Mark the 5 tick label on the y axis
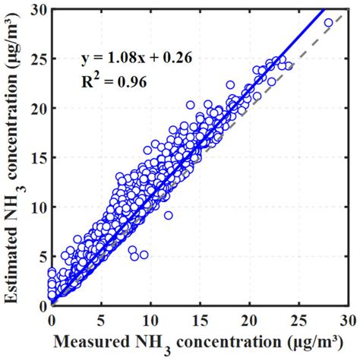pyautogui.click(x=42, y=256)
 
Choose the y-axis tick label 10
pyautogui.click(x=39, y=207)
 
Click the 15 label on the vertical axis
pyautogui.click(x=39, y=157)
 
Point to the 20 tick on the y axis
pyautogui.click(x=39, y=108)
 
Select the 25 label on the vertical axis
pyautogui.click(x=39, y=59)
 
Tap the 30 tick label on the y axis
pyautogui.click(x=39, y=10)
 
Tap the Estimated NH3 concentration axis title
pyautogui.click(x=14, y=156)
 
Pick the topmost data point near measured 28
pyautogui.click(x=328, y=23)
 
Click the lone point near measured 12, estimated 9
pyautogui.click(x=168, y=215)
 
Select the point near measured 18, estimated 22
pyautogui.click(x=230, y=85)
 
